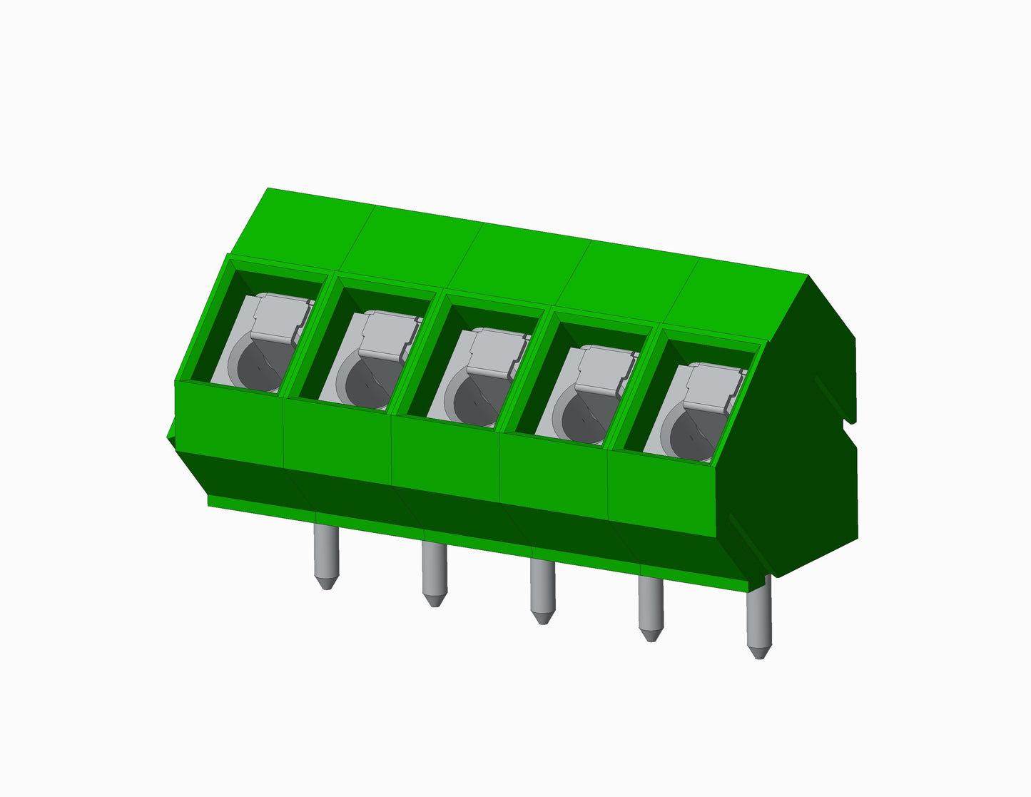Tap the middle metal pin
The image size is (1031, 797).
tap(542, 589)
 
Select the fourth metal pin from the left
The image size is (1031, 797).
tap(651, 606)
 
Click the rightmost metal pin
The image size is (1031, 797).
tap(758, 617)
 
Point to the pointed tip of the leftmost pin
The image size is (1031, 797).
tap(326, 584)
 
